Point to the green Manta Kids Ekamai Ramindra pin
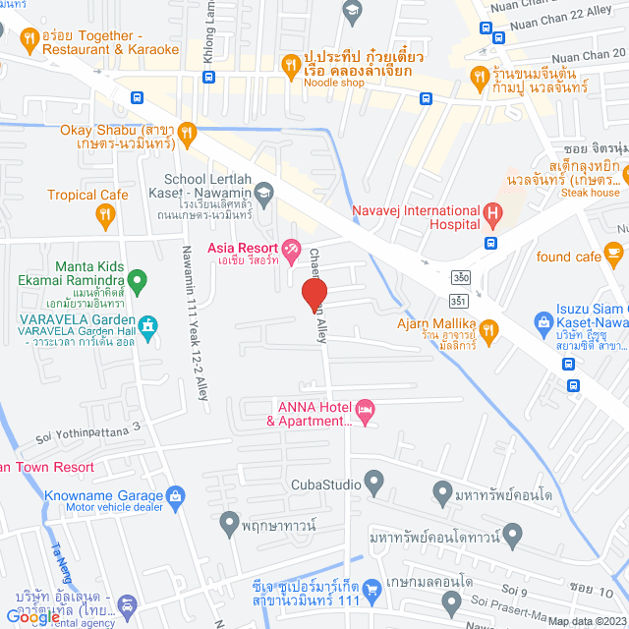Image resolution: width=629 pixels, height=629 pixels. pyautogui.click(x=139, y=283)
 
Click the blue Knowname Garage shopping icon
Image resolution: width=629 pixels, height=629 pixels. pyautogui.click(x=175, y=495)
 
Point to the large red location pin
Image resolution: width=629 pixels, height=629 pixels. pyautogui.click(x=314, y=291)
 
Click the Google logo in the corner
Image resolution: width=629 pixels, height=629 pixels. pyautogui.click(x=31, y=617)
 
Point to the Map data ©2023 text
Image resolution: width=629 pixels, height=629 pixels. pyautogui.click(x=585, y=621)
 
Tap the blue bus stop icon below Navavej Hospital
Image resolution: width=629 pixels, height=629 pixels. pyautogui.click(x=489, y=243)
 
